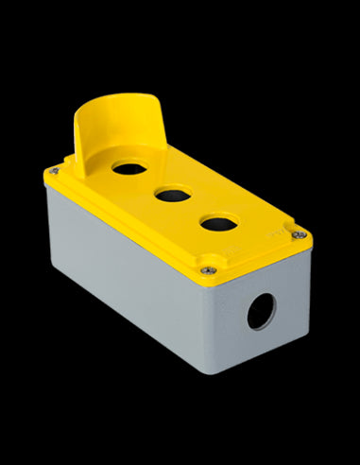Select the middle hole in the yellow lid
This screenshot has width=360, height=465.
(171, 197)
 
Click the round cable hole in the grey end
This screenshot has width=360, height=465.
(261, 311)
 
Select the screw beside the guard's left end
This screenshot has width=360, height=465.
(53, 171)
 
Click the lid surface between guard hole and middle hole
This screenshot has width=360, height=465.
(148, 183)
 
